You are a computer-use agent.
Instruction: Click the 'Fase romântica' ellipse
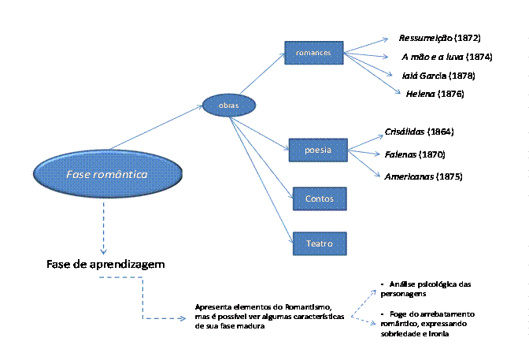[105, 174]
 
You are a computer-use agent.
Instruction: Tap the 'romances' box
[313, 54]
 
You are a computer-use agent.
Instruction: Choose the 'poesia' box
[317, 149]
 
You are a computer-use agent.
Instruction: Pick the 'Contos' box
[320, 199]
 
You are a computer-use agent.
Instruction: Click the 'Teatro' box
[320, 243]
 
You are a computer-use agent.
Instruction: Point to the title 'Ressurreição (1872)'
[439, 38]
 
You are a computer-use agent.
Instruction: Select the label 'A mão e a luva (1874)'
[446, 57]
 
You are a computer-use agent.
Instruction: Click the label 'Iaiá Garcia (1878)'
[438, 76]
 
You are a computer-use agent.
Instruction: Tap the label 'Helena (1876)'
[435, 94]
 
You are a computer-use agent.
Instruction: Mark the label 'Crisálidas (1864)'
[419, 131]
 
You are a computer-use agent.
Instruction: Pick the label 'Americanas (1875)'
[423, 176]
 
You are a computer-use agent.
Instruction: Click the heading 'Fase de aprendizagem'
[104, 263]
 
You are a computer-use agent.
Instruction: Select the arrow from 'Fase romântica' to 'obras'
[157, 128]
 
